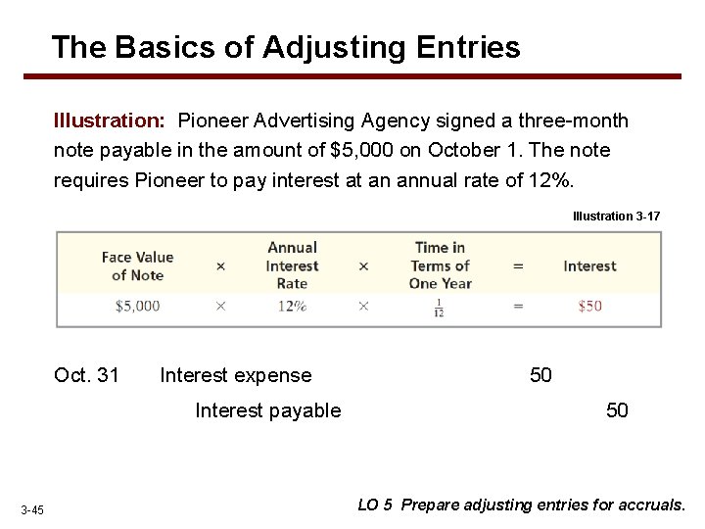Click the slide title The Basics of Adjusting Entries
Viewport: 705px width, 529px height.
pyautogui.click(x=286, y=46)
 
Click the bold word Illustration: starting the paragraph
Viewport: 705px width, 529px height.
pyautogui.click(x=110, y=121)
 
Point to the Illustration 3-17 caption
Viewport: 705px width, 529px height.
pyautogui.click(x=616, y=216)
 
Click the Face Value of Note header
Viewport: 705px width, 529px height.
pyautogui.click(x=137, y=265)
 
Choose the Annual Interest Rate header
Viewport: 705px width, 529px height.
pyautogui.click(x=292, y=265)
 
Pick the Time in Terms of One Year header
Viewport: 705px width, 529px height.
pyautogui.click(x=440, y=265)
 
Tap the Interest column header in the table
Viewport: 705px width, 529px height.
pyautogui.click(x=589, y=265)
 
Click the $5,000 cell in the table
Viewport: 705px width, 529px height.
pyautogui.click(x=137, y=306)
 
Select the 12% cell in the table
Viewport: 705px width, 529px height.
pyautogui.click(x=292, y=306)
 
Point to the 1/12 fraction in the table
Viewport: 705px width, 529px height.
pyautogui.click(x=440, y=307)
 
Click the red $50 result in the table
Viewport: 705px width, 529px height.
pyautogui.click(x=589, y=306)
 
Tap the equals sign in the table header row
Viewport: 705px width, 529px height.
pyautogui.click(x=518, y=265)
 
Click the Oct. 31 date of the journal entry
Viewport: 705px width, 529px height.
pyautogui.click(x=87, y=375)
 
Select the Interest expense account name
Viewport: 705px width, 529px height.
pyautogui.click(x=235, y=375)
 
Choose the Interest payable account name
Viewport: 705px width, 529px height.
pyautogui.click(x=268, y=410)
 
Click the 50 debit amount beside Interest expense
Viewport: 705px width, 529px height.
pyautogui.click(x=540, y=375)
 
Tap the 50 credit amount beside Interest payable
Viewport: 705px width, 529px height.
pyautogui.click(x=617, y=410)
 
